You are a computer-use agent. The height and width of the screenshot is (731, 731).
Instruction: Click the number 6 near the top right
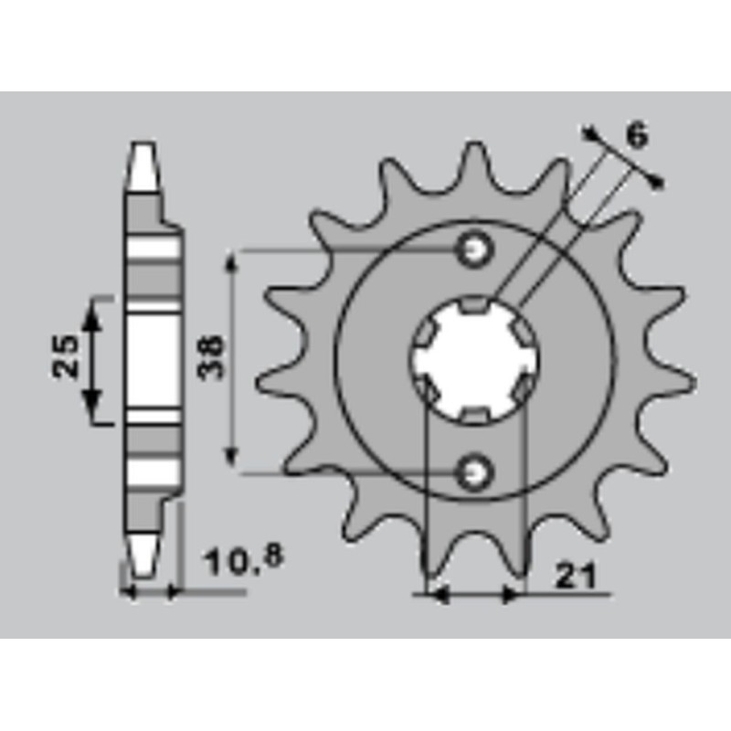click(x=637, y=137)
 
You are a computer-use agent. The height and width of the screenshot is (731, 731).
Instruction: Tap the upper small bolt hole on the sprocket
click(x=475, y=249)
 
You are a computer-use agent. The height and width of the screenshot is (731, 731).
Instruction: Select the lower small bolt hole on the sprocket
click(x=475, y=471)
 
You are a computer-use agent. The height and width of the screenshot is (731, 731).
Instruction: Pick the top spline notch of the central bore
click(x=475, y=305)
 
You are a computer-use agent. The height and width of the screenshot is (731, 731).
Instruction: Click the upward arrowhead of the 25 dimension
click(x=92, y=315)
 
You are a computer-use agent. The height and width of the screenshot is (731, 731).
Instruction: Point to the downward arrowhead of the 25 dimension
click(x=92, y=408)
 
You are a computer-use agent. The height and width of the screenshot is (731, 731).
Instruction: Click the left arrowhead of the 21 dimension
click(x=437, y=595)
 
